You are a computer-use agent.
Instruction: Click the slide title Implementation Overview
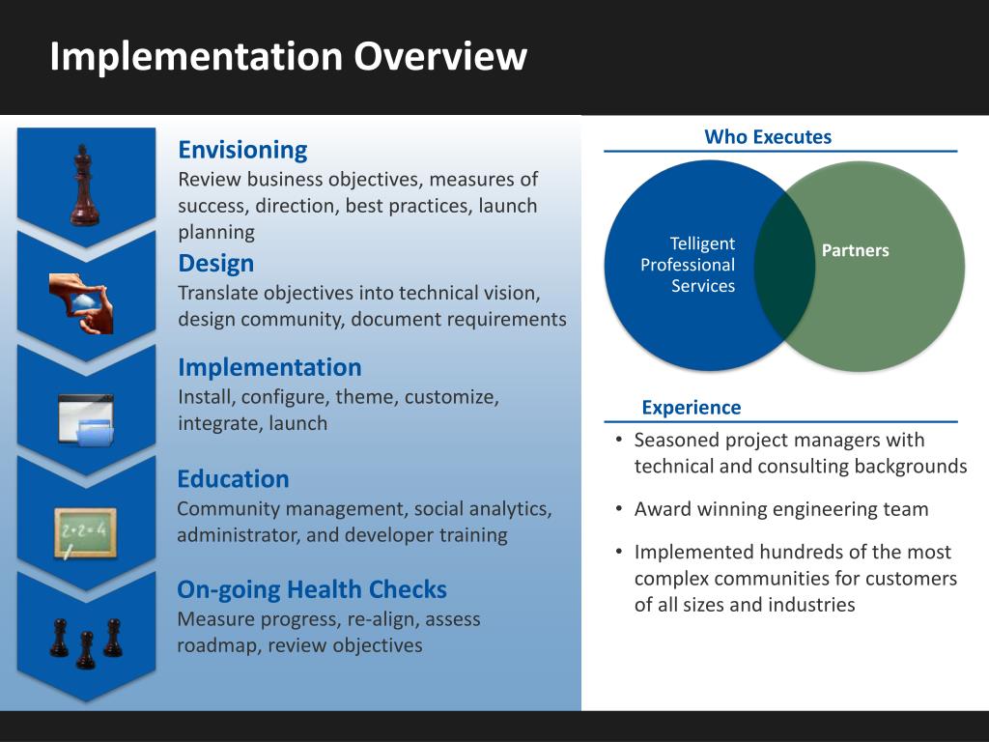pos(288,55)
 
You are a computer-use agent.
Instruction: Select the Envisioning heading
pos(242,150)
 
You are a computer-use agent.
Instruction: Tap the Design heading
pos(216,263)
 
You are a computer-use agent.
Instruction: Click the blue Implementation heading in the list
pos(269,367)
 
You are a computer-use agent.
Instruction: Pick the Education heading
pos(233,479)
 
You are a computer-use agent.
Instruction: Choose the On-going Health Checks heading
pos(312,589)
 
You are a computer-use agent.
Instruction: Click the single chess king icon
pos(85,185)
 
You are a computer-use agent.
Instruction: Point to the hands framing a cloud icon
pos(82,302)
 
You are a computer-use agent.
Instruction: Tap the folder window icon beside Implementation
pos(86,420)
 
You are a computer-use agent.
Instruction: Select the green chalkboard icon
pos(85,532)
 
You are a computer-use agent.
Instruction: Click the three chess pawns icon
pos(86,642)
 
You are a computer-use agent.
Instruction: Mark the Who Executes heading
pos(768,137)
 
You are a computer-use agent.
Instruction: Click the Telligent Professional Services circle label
pos(688,265)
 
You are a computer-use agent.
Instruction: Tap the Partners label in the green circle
pos(855,251)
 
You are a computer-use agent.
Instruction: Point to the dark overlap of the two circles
pos(784,266)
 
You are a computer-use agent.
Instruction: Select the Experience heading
pos(692,408)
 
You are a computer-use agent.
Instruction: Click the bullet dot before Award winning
pos(619,509)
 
